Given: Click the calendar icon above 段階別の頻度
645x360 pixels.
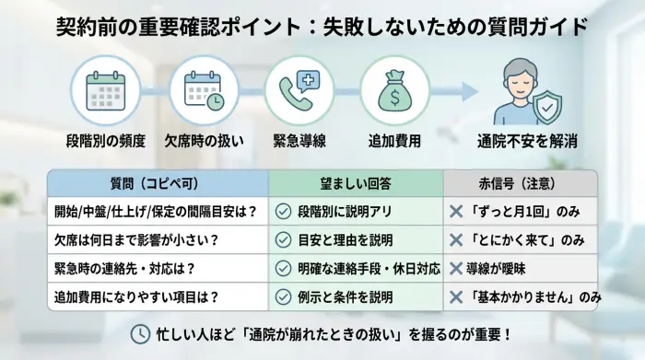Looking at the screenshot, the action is (x=104, y=91).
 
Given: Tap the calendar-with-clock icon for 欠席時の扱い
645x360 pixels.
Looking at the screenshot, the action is (x=203, y=91).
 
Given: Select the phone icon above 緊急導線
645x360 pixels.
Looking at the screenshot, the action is (x=300, y=91).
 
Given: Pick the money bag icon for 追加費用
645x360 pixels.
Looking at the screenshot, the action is (x=395, y=91).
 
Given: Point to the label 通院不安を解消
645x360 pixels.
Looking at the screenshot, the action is (x=528, y=142).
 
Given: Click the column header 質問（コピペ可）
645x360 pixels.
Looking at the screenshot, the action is (x=158, y=181).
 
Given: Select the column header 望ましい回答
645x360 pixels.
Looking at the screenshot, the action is (x=355, y=181).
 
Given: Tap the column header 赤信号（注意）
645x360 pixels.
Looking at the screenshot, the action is (x=521, y=181).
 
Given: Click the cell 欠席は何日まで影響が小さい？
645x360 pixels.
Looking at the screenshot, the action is (x=135, y=239).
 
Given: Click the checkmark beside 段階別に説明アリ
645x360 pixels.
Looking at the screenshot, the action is (x=284, y=211).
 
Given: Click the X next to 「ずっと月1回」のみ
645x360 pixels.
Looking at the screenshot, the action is (x=455, y=211).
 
